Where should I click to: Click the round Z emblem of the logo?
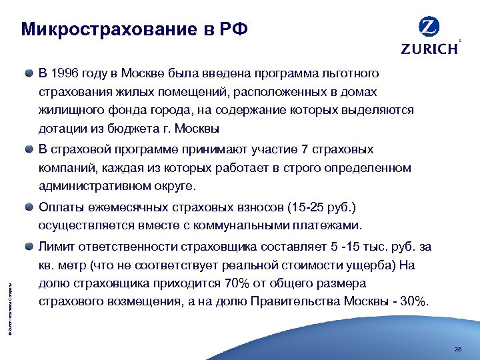tap(429, 27)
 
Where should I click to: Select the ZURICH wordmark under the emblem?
tap(429, 48)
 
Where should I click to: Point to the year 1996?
tap(65, 73)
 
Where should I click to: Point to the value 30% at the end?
tap(414, 303)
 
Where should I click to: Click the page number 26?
tap(457, 348)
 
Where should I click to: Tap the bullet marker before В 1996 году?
tap(31, 73)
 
